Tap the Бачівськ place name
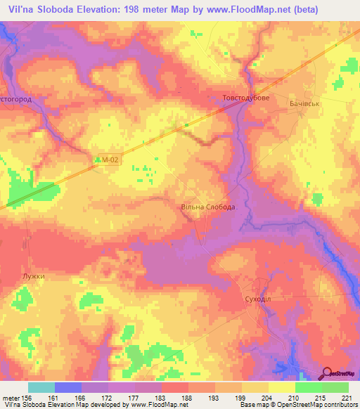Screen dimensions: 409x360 pyautogui.click(x=305, y=103)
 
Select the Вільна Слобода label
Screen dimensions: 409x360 pyautogui.click(x=208, y=207)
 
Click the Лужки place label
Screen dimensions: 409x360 pyautogui.click(x=33, y=276)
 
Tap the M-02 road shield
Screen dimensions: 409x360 pyautogui.click(x=107, y=160)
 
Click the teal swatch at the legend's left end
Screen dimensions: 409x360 pyautogui.click(x=41, y=387)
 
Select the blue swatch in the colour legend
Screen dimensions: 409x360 pyautogui.click(x=68, y=387)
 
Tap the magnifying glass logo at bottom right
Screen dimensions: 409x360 pyautogui.click(x=327, y=373)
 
